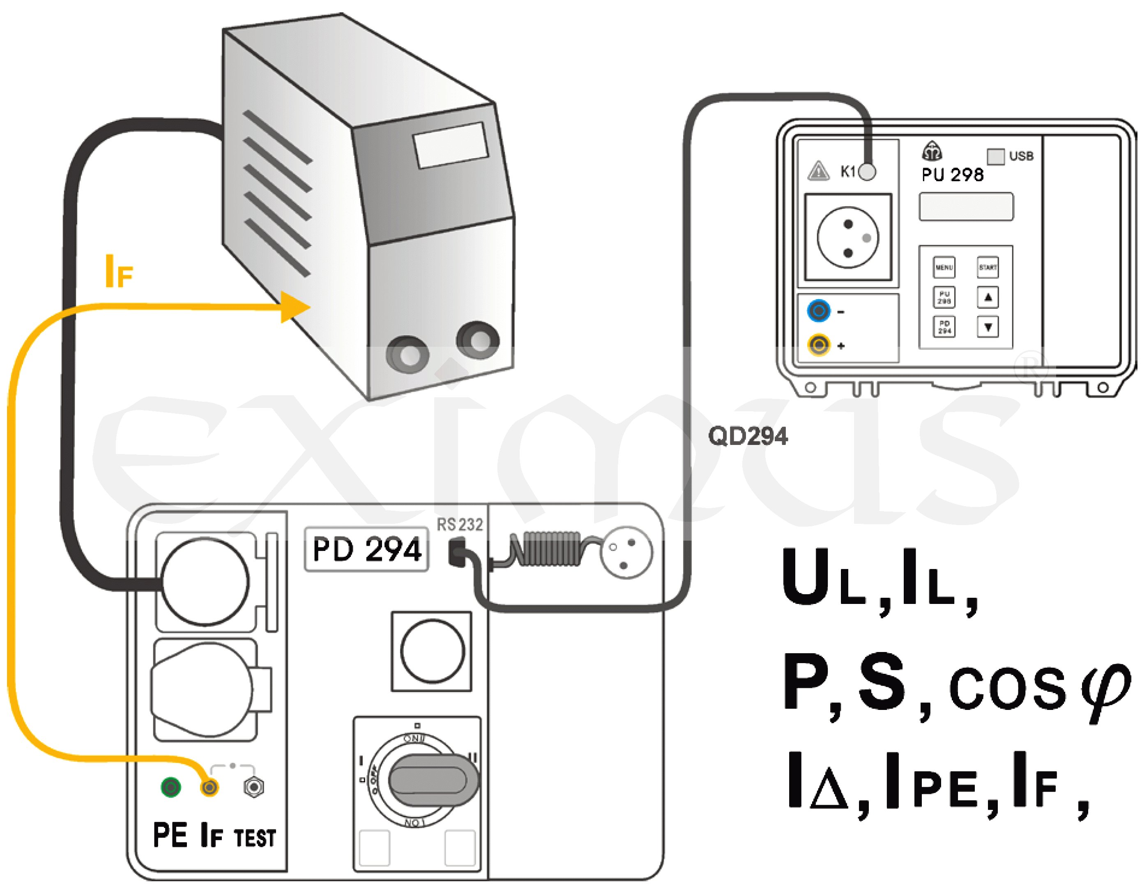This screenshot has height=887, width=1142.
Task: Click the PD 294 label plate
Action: [366, 549]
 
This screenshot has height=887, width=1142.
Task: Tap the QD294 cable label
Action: [748, 436]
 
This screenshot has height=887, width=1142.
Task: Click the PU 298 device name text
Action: [952, 175]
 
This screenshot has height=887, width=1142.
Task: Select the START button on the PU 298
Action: [988, 267]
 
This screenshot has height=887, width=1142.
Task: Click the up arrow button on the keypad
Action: [988, 297]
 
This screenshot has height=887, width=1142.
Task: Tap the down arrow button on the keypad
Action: [988, 327]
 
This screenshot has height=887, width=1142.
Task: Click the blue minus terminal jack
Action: [819, 311]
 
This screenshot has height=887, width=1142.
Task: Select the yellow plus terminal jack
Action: [819, 345]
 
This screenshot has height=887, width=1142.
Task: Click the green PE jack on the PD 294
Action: [170, 787]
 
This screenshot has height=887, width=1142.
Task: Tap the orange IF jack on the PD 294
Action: [209, 787]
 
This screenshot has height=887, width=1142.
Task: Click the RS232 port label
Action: [460, 525]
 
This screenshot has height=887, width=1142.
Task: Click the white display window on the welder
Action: [451, 145]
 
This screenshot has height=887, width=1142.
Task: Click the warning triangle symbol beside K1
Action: [818, 171]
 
